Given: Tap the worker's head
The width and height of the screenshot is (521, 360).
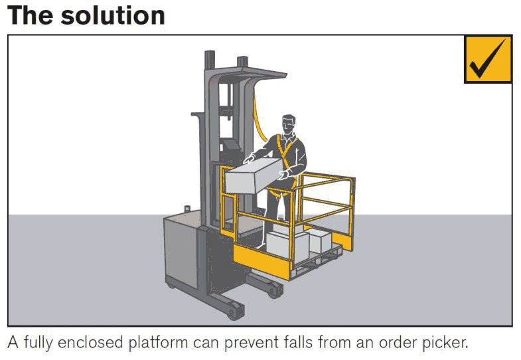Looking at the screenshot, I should click(288, 125).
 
